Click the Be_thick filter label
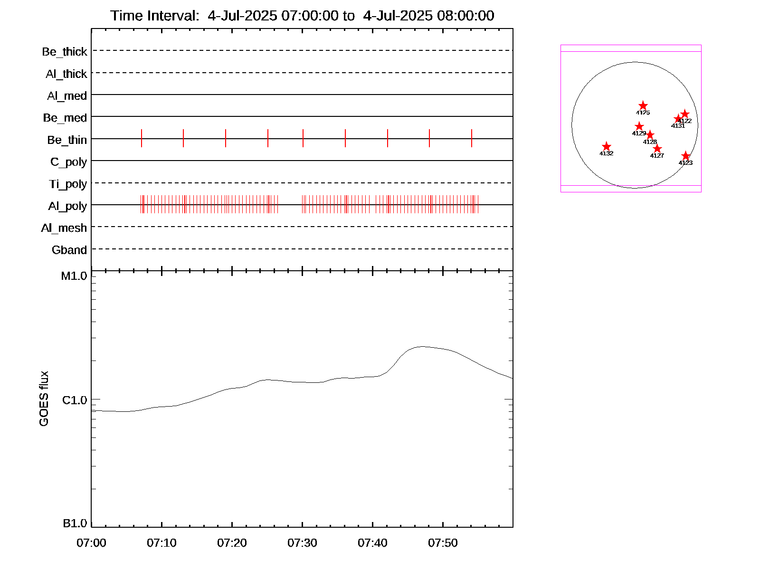pyautogui.click(x=65, y=52)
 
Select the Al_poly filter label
pyautogui.click(x=67, y=206)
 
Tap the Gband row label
pyautogui.click(x=69, y=250)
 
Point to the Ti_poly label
pyautogui.click(x=68, y=184)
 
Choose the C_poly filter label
pyautogui.click(x=69, y=162)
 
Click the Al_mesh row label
pyautogui.click(x=64, y=228)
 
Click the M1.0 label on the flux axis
pyautogui.click(x=74, y=276)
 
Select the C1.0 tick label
pyautogui.click(x=75, y=400)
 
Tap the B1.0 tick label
pyautogui.click(x=75, y=523)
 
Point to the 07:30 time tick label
pyautogui.click(x=302, y=543)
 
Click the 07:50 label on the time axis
pyautogui.click(x=443, y=543)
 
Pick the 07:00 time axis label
pyautogui.click(x=91, y=543)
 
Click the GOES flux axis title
pyautogui.click(x=44, y=399)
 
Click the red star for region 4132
pyautogui.click(x=606, y=147)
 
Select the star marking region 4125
pyautogui.click(x=643, y=105)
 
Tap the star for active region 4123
pyautogui.click(x=685, y=156)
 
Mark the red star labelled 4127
pyautogui.click(x=657, y=149)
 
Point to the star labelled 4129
pyautogui.click(x=639, y=126)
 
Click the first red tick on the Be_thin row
pyautogui.click(x=142, y=138)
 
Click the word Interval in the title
pyautogui.click(x=173, y=16)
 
